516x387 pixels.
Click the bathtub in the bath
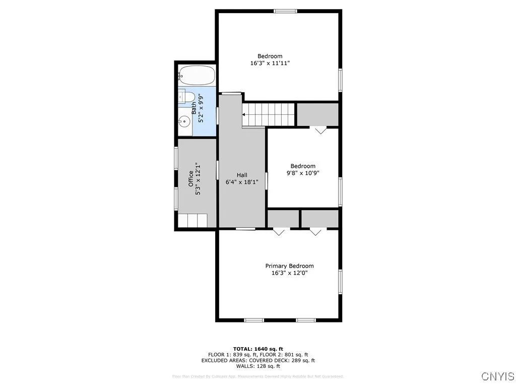click(197, 76)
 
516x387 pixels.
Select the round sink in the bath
click(185, 121)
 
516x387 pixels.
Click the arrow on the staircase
click(245, 114)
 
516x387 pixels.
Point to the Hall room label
click(241, 175)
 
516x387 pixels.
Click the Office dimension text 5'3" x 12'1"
click(198, 179)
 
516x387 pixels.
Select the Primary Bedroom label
click(289, 266)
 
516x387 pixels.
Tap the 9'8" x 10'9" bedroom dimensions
click(302, 173)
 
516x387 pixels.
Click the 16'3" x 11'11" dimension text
click(270, 63)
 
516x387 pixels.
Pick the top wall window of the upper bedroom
click(285, 11)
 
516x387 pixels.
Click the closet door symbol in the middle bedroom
click(320, 131)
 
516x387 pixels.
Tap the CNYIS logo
click(498, 376)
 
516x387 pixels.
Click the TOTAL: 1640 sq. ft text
click(258, 349)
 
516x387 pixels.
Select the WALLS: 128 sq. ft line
click(258, 366)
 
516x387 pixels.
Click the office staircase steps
click(193, 220)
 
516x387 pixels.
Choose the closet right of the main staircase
click(317, 114)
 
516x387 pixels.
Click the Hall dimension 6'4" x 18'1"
click(241, 182)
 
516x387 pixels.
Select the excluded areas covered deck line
click(258, 360)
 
